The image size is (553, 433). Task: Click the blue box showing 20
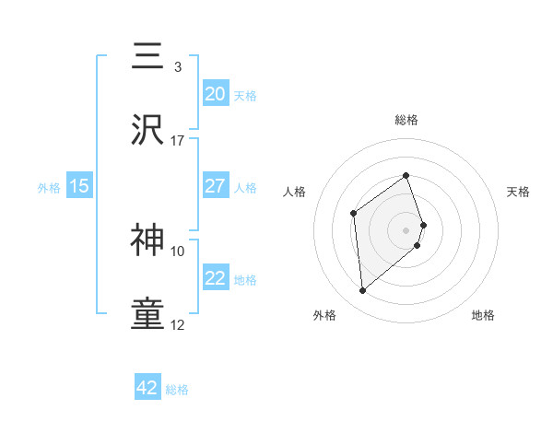(x=215, y=93)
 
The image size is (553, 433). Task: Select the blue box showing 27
(x=215, y=185)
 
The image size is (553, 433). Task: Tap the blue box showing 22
(x=215, y=278)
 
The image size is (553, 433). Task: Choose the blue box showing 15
(x=79, y=186)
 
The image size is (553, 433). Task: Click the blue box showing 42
(x=147, y=388)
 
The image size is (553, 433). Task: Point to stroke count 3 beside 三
(x=177, y=67)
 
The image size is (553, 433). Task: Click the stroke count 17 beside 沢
(x=178, y=141)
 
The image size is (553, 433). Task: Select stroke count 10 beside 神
(x=178, y=251)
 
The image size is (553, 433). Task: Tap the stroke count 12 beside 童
(x=178, y=324)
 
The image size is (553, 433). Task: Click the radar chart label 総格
(x=406, y=120)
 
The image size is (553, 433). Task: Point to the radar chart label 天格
(x=519, y=192)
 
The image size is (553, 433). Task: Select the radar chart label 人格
(x=294, y=192)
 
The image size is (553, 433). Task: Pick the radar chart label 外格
(x=324, y=315)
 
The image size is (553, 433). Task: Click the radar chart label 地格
(x=483, y=315)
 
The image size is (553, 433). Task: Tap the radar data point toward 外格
(x=363, y=291)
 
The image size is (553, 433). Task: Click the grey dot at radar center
(x=406, y=228)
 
